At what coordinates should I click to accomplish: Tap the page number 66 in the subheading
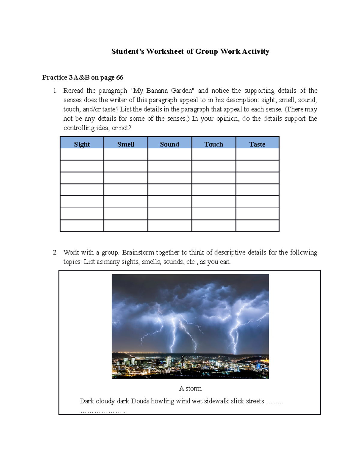[120, 77]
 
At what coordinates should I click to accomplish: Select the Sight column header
[82, 144]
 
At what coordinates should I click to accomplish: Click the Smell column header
[126, 144]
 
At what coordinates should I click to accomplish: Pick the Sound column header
[169, 144]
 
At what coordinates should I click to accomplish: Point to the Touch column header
[214, 144]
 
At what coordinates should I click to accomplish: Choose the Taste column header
[257, 144]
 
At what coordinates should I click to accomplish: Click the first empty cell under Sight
[82, 154]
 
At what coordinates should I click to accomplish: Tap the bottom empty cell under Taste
[257, 226]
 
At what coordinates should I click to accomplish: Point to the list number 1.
[55, 91]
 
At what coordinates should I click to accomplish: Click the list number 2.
[55, 252]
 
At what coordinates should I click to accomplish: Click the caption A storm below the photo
[190, 388]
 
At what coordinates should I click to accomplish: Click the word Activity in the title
[256, 51]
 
